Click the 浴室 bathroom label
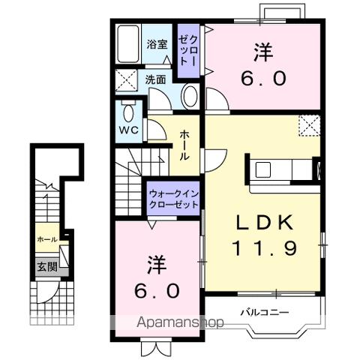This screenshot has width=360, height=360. [x=157, y=44]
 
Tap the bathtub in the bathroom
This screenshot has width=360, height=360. [x=128, y=43]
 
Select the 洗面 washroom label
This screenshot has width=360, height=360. [x=156, y=79]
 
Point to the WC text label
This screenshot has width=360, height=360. [x=129, y=130]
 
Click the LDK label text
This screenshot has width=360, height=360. [x=265, y=223]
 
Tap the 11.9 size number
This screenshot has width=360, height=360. [x=265, y=248]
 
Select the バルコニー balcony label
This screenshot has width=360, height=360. [x=265, y=312]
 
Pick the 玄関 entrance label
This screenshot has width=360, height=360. [x=47, y=267]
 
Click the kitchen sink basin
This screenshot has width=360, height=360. [x=263, y=169]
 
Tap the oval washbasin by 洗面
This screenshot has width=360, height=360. [x=190, y=97]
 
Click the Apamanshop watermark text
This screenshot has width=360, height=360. [x=180, y=322]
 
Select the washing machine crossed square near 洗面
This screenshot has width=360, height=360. [x=127, y=80]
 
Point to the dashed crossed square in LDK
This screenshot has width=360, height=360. [x=310, y=125]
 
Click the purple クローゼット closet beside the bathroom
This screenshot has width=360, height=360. [x=188, y=51]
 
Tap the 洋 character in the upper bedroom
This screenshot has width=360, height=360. [x=263, y=52]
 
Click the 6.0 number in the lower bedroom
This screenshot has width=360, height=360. [x=157, y=291]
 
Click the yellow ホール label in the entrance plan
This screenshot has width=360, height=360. [x=47, y=239]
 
